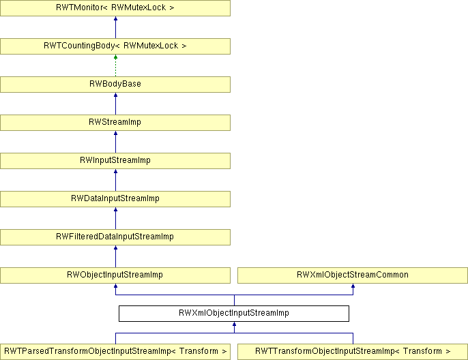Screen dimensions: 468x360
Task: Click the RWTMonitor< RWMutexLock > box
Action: pyautogui.click(x=115, y=8)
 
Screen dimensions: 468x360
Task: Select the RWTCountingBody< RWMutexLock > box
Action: pyautogui.click(x=115, y=46)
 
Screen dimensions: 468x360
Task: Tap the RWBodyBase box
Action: pyautogui.click(x=115, y=85)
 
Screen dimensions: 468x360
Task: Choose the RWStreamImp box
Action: pyautogui.click(x=115, y=123)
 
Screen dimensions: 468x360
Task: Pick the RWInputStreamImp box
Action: pyautogui.click(x=115, y=161)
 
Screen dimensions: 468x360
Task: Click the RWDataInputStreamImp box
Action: pyautogui.click(x=115, y=199)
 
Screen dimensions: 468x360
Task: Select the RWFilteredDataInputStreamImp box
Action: pyautogui.click(x=115, y=237)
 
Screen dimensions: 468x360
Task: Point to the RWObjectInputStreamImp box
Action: pyautogui.click(x=115, y=275)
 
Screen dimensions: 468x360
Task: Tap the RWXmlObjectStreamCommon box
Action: pyautogui.click(x=353, y=275)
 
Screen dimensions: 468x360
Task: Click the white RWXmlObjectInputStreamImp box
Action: pyautogui.click(x=234, y=314)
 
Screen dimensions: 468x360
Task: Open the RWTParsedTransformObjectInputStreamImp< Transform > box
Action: pyautogui.click(x=115, y=352)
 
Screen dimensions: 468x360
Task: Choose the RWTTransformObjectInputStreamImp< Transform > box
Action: pyautogui.click(x=353, y=352)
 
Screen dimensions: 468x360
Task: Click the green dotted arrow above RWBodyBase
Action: pyautogui.click(x=115, y=65)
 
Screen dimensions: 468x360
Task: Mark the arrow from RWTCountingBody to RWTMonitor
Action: pyautogui.click(x=115, y=27)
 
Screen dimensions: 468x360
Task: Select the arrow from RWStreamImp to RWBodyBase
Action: pyautogui.click(x=115, y=104)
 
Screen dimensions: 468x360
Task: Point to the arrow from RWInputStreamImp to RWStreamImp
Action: pyautogui.click(x=115, y=142)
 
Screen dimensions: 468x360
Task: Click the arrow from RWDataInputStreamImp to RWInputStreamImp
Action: pyautogui.click(x=115, y=180)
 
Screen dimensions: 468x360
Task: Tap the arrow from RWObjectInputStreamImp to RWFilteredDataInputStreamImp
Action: pyautogui.click(x=115, y=256)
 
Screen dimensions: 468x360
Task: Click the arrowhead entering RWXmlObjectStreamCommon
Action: pyautogui.click(x=353, y=286)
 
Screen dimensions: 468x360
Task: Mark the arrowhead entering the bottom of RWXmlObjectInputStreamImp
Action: pyautogui.click(x=234, y=324)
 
